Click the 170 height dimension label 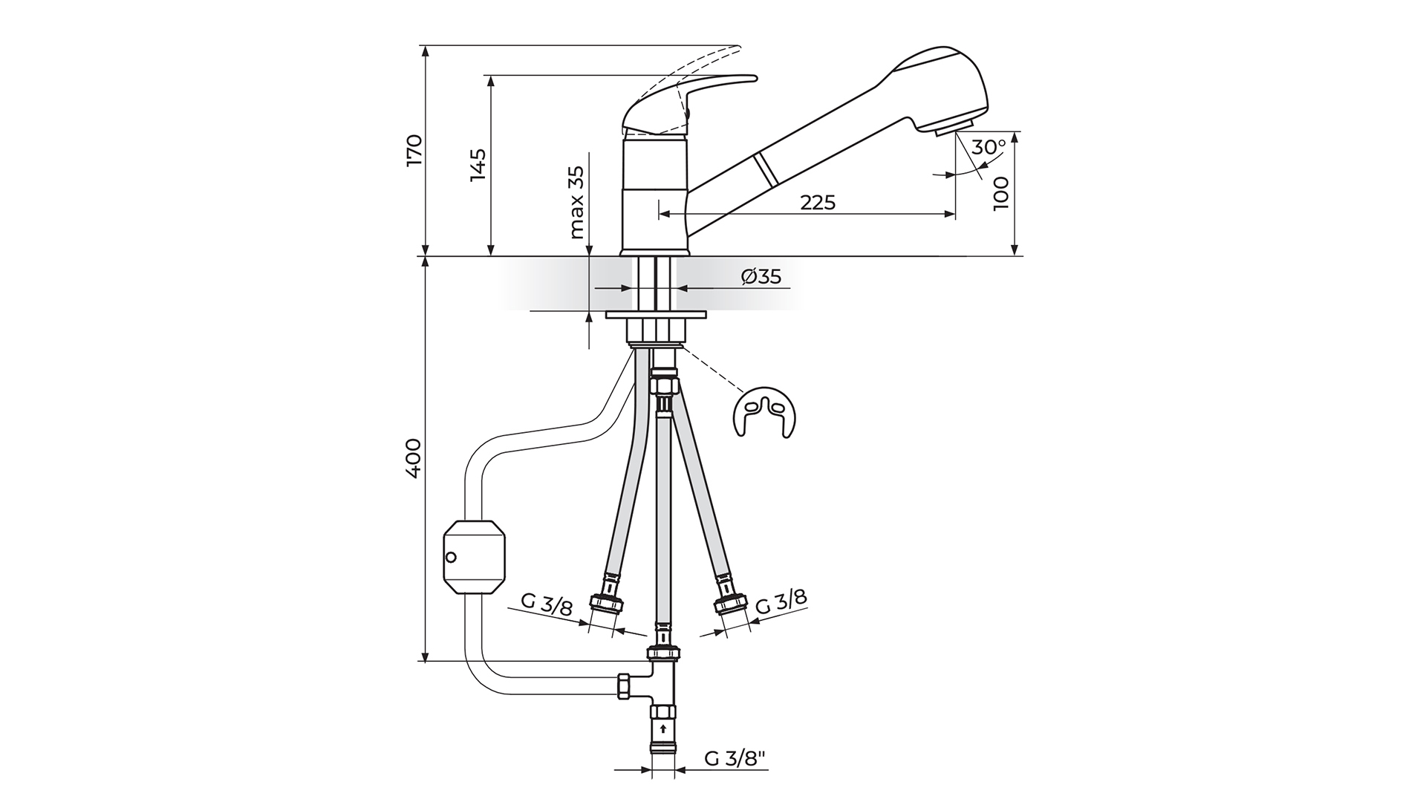[414, 150]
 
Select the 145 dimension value [478, 165]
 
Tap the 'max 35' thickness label [577, 202]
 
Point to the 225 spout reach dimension [818, 202]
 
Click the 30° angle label [988, 147]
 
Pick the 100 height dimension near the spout [1002, 195]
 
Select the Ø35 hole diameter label [761, 277]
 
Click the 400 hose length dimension [414, 458]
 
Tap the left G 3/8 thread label [547, 604]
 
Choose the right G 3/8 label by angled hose [781, 602]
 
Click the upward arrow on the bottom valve [662, 728]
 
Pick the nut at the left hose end [606, 604]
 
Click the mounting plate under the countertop [655, 316]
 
